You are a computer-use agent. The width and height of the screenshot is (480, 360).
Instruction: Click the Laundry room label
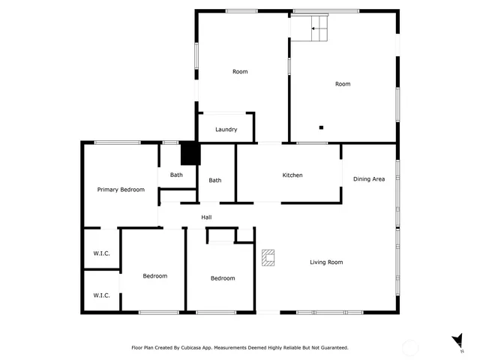pyautogui.click(x=226, y=130)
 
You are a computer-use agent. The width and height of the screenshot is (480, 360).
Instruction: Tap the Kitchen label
pyautogui.click(x=292, y=175)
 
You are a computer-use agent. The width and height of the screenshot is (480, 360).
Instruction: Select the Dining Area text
pyautogui.click(x=369, y=179)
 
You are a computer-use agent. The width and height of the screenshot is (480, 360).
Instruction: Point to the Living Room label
pyautogui.click(x=326, y=262)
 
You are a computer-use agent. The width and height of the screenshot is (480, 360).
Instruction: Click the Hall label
pyautogui.click(x=206, y=217)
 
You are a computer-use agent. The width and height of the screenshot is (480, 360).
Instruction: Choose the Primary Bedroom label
pyautogui.click(x=121, y=190)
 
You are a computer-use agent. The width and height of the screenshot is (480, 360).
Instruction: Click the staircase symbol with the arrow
pyautogui.click(x=310, y=28)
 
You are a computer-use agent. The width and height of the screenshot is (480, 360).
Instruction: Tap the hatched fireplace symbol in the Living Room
pyautogui.click(x=268, y=258)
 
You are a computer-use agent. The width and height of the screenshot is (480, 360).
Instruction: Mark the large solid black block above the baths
pyautogui.click(x=190, y=154)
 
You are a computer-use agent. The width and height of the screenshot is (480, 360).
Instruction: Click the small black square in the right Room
pyautogui.click(x=321, y=127)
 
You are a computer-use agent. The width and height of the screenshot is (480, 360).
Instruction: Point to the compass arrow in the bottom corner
pyautogui.click(x=455, y=340)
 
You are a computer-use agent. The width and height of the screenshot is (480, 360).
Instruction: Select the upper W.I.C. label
pyautogui.click(x=101, y=253)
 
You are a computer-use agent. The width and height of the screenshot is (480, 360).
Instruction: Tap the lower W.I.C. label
pyautogui.click(x=101, y=295)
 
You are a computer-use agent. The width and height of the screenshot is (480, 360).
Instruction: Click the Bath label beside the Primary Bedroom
pyautogui.click(x=176, y=175)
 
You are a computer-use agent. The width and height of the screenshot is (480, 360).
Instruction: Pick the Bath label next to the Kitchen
pyautogui.click(x=215, y=180)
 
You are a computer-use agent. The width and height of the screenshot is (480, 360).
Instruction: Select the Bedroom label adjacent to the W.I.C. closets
pyautogui.click(x=154, y=276)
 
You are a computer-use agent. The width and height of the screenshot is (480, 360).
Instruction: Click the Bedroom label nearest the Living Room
pyautogui.click(x=222, y=278)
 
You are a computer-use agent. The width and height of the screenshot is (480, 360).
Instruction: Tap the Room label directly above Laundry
pyautogui.click(x=240, y=72)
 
